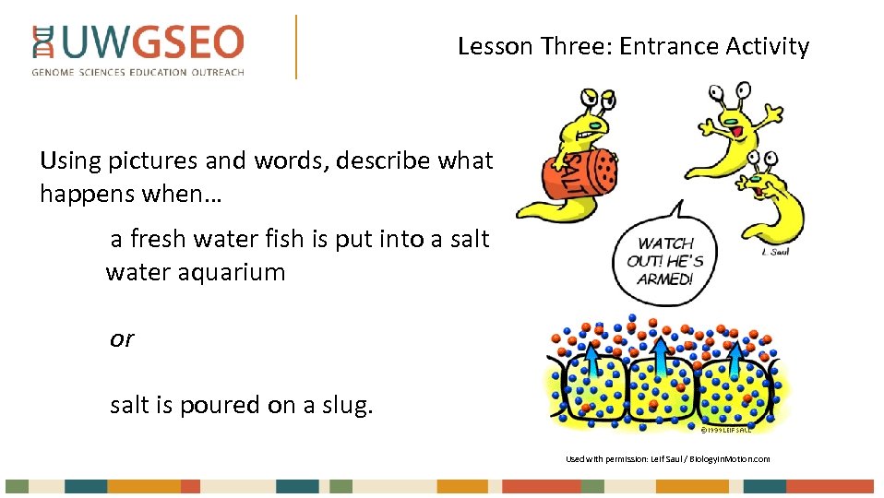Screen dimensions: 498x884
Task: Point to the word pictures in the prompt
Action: [x=149, y=161]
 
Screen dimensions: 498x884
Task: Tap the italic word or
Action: [x=122, y=338]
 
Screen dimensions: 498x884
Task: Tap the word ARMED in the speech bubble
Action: [x=664, y=279]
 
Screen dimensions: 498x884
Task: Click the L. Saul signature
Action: [x=775, y=252]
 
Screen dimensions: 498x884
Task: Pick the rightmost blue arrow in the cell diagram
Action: [x=734, y=360]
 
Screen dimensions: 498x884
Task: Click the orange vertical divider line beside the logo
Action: [x=296, y=46]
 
